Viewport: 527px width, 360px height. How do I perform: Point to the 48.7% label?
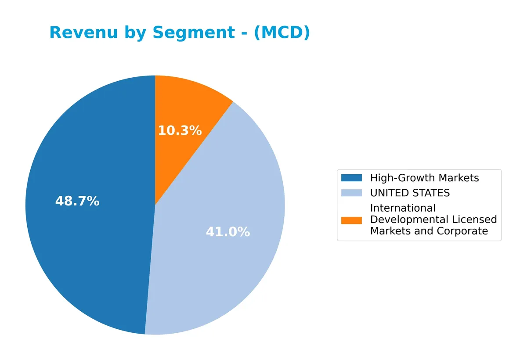tap(77, 202)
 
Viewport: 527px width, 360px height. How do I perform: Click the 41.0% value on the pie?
tap(228, 232)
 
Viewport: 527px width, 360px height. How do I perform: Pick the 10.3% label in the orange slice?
tap(180, 130)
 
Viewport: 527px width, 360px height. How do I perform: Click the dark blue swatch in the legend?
tap(351, 178)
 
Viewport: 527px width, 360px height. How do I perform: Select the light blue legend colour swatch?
tap(351, 193)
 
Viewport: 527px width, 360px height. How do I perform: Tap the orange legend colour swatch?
tap(351, 220)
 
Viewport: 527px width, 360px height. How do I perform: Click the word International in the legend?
tap(403, 208)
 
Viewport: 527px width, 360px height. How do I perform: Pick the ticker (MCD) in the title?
tap(282, 33)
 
